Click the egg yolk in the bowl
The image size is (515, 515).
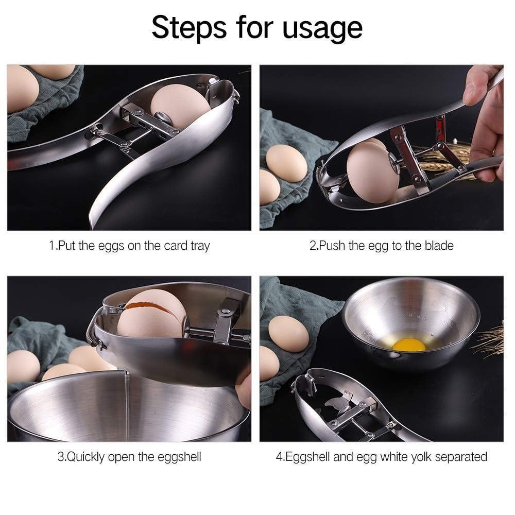409,345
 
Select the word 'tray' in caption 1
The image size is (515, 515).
200,246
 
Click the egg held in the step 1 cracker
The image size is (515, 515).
180,106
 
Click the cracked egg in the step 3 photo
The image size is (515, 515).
152,314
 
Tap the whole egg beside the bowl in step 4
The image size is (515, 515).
289,334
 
